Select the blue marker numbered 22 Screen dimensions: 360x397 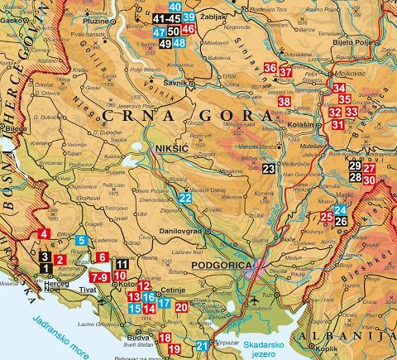(x=185, y=198)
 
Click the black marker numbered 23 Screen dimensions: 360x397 (x=267, y=168)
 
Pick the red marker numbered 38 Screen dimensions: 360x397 (x=284, y=101)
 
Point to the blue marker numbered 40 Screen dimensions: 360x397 (x=175, y=6)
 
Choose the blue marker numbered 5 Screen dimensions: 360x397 (x=80, y=240)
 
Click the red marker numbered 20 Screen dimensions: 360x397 (x=182, y=306)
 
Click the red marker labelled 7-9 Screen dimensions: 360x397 (x=99, y=277)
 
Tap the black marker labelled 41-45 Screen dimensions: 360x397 (x=166, y=17)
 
